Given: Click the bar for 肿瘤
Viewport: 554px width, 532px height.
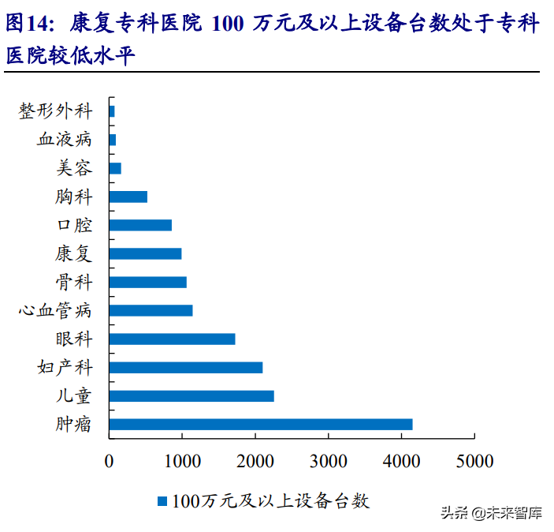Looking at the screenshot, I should [x=261, y=425].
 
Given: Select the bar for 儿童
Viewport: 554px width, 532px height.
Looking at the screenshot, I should [x=191, y=396].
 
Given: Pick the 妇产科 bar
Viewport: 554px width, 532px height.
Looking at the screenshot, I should [x=186, y=368].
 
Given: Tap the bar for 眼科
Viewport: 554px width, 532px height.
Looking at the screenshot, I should [x=172, y=339].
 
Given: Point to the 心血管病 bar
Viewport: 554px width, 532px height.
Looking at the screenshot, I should [x=151, y=311].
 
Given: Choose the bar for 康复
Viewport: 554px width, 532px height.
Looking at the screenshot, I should [x=145, y=254].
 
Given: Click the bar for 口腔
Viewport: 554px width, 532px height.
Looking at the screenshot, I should [x=140, y=225].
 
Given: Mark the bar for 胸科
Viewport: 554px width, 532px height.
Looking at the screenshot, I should [x=128, y=197].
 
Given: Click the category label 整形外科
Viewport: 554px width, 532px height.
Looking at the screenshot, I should [x=55, y=111].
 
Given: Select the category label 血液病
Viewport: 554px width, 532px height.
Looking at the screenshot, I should [x=65, y=140].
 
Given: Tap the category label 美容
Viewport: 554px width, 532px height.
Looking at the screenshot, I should [x=74, y=168].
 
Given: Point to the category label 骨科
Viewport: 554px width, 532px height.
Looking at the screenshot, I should [x=74, y=283].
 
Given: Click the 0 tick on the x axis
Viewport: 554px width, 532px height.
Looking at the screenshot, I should [x=110, y=461].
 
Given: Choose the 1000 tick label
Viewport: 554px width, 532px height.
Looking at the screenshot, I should [x=182, y=461].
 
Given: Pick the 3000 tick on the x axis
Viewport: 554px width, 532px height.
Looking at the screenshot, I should [x=328, y=461].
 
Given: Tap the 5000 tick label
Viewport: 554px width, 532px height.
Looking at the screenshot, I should [x=474, y=461].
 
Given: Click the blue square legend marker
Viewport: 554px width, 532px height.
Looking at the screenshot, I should [x=162, y=500].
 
